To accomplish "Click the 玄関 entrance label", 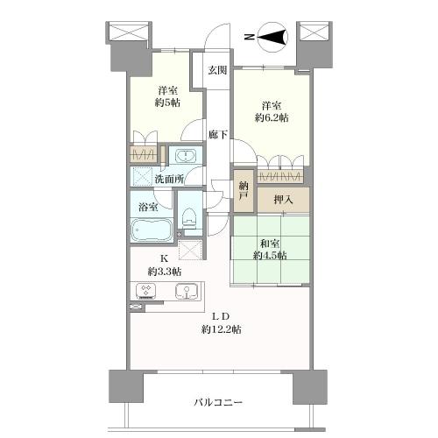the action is [217, 70].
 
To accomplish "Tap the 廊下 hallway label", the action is [218, 134].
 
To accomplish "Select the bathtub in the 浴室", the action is [151, 230].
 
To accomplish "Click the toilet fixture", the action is [189, 217].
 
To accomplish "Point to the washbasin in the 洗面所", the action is [186, 155].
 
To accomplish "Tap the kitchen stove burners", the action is [146, 291].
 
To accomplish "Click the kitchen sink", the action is [187, 291].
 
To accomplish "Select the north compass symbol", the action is [272, 37].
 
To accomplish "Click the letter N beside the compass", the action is [249, 37].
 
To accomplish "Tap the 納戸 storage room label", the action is [244, 191].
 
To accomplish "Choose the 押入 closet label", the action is [283, 200].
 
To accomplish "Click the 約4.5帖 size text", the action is [269, 256].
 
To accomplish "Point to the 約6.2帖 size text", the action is [272, 117].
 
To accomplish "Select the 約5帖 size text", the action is [167, 102].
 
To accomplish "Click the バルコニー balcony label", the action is [218, 403].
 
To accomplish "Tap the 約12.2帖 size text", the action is [221, 329].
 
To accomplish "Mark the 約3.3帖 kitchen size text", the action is [165, 272].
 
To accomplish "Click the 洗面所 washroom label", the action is [169, 179].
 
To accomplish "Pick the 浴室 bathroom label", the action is [148, 207].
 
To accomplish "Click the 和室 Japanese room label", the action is [270, 244].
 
